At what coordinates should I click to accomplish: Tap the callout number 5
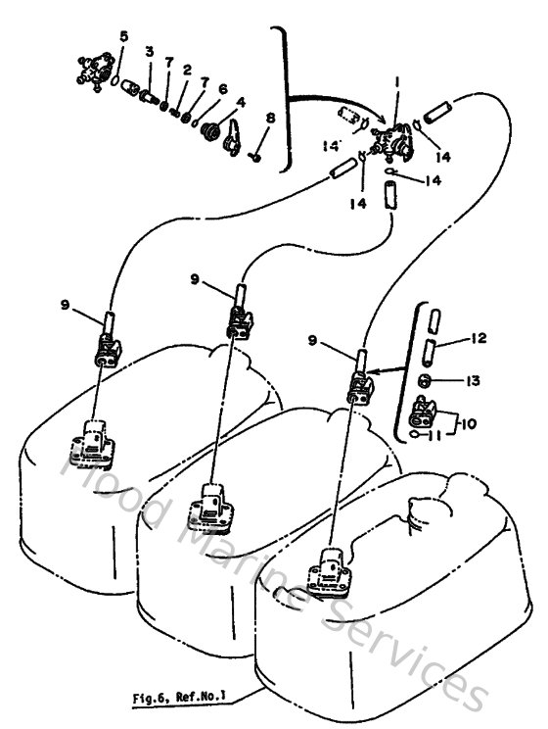point(123,37)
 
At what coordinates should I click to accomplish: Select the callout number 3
point(150,51)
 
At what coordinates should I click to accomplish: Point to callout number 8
point(270,120)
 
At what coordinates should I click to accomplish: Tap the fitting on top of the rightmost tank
point(333,568)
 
